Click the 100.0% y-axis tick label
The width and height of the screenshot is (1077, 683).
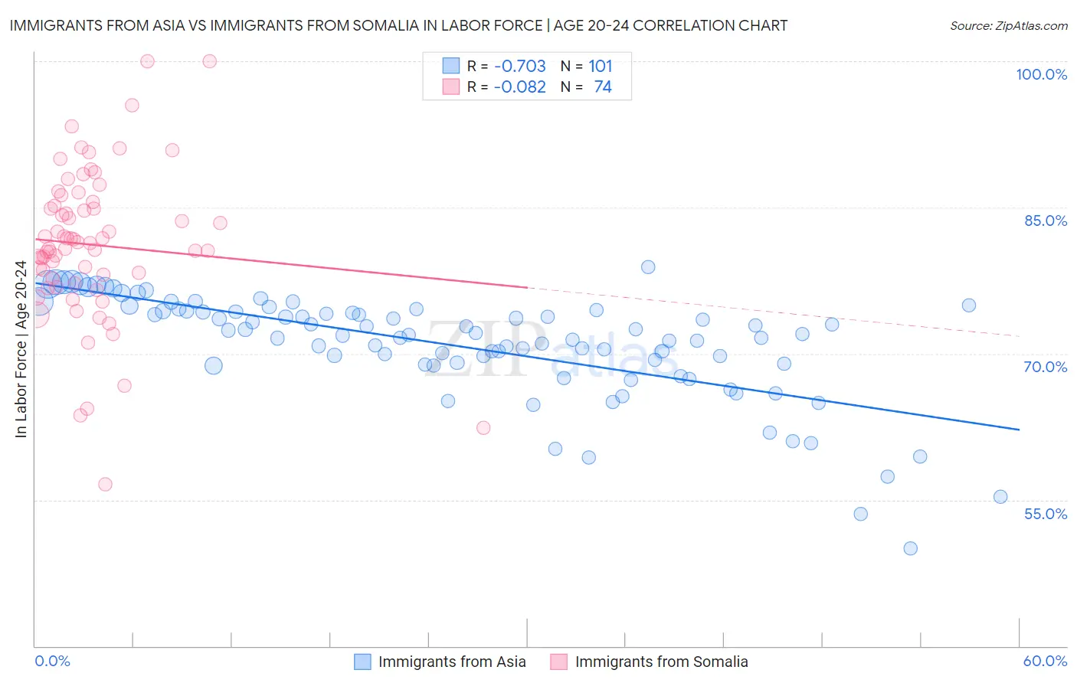(1041, 74)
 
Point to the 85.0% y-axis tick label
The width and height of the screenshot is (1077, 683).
(1046, 221)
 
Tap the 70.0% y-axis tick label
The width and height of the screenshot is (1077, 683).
(1046, 367)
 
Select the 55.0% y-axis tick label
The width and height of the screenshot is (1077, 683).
(1046, 514)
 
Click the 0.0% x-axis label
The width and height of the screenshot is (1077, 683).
(52, 661)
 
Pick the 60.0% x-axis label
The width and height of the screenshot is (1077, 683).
(1045, 661)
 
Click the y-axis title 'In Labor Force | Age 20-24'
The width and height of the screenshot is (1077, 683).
(21, 349)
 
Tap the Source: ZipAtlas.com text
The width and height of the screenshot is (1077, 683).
(1008, 25)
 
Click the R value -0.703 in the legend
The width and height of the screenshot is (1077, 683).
(519, 66)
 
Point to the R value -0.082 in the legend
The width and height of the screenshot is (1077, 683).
(519, 87)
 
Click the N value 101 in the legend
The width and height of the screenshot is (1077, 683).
(601, 66)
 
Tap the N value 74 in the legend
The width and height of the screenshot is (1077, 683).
(603, 87)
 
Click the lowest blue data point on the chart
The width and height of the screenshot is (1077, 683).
(910, 548)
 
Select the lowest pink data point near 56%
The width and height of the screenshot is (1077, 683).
(105, 485)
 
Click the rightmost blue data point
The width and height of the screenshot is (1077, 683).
(1000, 497)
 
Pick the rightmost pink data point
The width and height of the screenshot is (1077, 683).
(483, 428)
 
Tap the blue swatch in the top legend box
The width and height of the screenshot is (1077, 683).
(451, 66)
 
